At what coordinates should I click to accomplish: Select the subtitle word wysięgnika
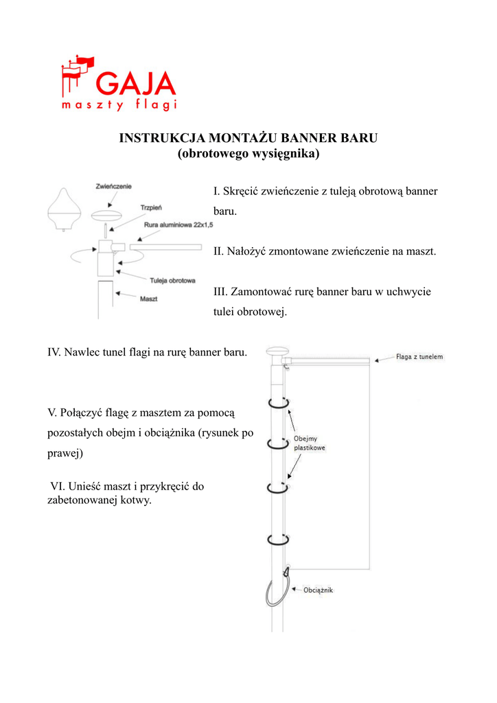(x=283, y=154)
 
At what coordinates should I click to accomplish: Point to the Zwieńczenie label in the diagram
(x=114, y=186)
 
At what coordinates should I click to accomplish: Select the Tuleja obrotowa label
(x=173, y=280)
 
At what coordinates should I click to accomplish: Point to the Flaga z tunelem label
(x=419, y=357)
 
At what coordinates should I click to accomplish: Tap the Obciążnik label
(x=318, y=589)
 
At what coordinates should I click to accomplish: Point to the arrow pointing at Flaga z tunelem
(x=383, y=358)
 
